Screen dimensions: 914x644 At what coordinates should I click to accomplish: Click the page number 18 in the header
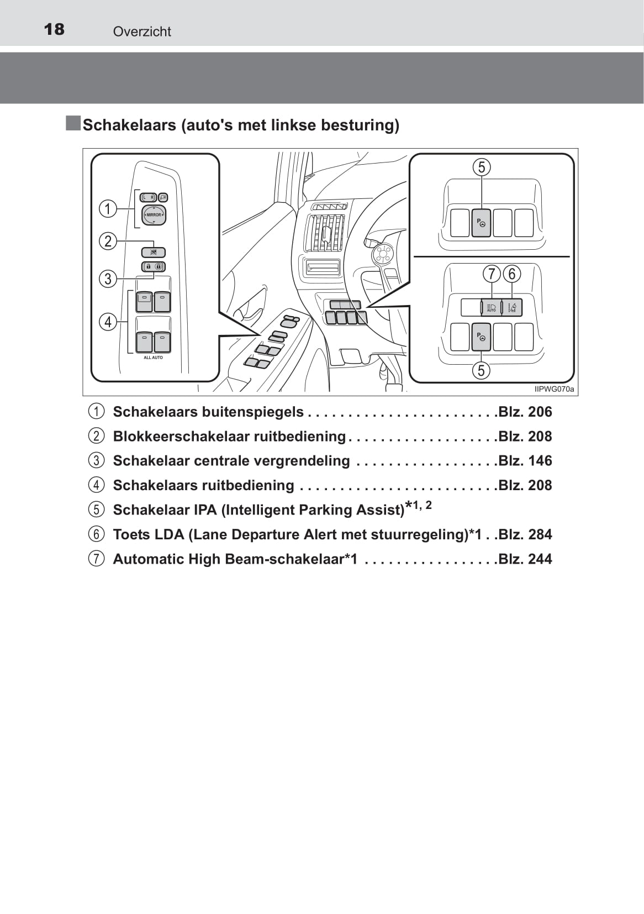[x=54, y=29]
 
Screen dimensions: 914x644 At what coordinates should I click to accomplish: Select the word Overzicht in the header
[x=142, y=31]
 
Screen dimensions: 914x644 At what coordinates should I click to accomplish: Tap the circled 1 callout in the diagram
[x=108, y=208]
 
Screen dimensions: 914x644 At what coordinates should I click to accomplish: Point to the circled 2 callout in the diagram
[x=108, y=241]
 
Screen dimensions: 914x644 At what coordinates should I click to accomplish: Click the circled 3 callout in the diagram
[x=108, y=278]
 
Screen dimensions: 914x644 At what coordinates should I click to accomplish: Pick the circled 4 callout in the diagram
[x=108, y=322]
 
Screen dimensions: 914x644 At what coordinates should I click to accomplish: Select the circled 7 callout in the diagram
[x=491, y=274]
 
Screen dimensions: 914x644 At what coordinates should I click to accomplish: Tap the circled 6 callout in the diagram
[x=512, y=274]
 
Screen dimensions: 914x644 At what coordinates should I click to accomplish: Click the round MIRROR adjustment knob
[x=154, y=215]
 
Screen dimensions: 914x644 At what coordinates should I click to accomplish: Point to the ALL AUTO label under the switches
[x=153, y=358]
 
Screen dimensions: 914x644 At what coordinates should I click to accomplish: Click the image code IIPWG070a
[x=554, y=389]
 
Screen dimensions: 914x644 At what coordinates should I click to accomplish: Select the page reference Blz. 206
[x=525, y=412]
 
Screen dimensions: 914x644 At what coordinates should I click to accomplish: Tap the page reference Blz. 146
[x=525, y=460]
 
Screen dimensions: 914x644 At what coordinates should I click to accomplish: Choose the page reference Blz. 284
[x=525, y=534]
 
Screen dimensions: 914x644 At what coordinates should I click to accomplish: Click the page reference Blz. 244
[x=525, y=559]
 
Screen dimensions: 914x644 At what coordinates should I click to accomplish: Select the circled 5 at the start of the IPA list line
[x=96, y=509]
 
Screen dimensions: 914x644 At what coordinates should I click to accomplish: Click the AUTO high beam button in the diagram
[x=491, y=307]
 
